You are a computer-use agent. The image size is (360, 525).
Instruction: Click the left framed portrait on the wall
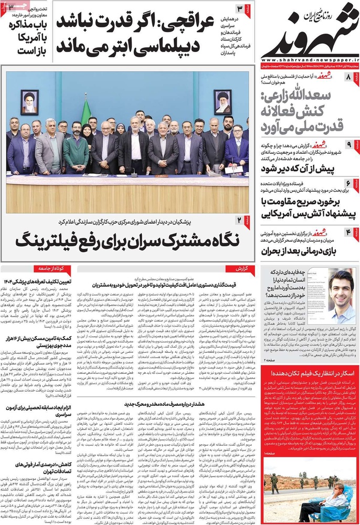coord(30,100)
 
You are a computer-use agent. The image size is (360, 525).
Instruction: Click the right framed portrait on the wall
coord(223,100)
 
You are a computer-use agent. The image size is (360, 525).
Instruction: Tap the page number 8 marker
coord(350,78)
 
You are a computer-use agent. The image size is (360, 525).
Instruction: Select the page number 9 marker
coord(350,144)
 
